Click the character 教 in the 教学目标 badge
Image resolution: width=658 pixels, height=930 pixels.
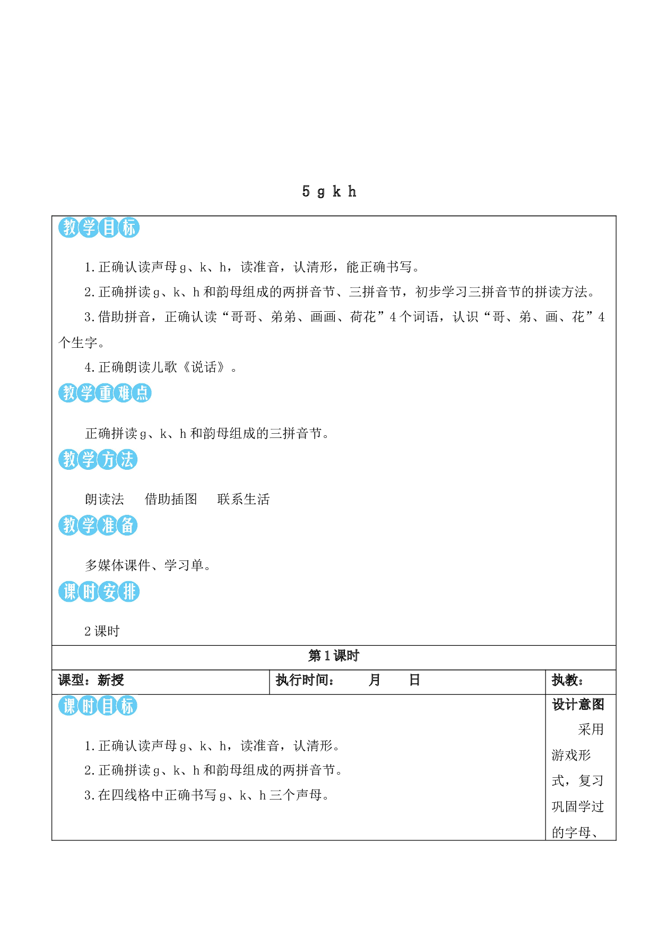(x=69, y=227)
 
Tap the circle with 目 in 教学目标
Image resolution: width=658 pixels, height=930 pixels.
(x=109, y=227)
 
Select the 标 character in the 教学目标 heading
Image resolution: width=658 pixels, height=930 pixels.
(x=128, y=227)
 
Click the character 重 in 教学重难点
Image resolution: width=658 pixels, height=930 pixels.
(x=105, y=393)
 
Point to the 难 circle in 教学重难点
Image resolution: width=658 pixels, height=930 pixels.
(x=124, y=393)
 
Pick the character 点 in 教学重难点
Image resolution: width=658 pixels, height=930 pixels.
(x=142, y=393)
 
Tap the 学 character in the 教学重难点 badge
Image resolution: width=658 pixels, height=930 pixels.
(x=86, y=393)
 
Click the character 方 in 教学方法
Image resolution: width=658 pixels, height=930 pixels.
(x=108, y=459)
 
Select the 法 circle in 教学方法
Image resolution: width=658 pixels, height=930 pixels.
(x=127, y=459)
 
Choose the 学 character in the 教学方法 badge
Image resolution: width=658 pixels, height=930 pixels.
(x=88, y=459)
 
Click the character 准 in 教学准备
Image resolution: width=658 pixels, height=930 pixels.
(x=108, y=525)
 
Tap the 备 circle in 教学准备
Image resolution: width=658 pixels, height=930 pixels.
(x=127, y=525)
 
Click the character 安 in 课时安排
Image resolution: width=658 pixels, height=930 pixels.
(x=109, y=592)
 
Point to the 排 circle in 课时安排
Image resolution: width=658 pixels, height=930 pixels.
(x=128, y=592)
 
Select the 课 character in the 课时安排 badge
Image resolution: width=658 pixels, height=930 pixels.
(x=69, y=592)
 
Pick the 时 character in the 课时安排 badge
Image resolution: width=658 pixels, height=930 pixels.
(x=89, y=592)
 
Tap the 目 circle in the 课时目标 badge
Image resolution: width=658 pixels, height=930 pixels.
(x=108, y=706)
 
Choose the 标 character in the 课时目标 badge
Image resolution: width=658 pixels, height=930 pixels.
(x=127, y=706)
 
